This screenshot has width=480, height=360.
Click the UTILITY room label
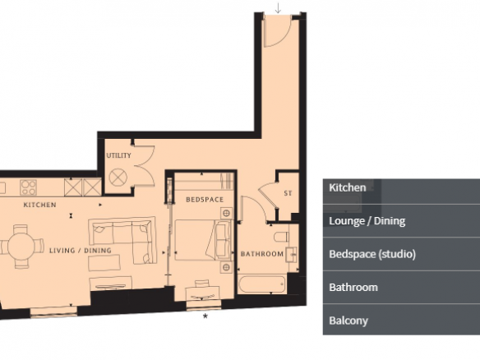[119, 155]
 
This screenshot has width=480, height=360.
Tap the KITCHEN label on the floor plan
[39, 205]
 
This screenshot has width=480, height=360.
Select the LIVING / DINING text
[81, 251]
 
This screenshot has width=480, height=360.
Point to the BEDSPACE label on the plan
[205, 200]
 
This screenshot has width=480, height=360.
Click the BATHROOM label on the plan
[262, 254]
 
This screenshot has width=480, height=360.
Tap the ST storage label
[288, 193]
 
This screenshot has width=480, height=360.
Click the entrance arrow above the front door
[278, 8]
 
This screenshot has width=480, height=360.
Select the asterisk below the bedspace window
[205, 316]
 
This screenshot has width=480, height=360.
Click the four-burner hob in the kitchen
[28, 187]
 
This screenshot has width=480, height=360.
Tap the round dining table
[21, 247]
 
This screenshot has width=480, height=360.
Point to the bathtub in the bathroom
[263, 284]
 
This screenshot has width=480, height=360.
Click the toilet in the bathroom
[282, 237]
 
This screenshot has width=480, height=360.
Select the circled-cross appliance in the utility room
[118, 178]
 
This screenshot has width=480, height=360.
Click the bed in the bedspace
[203, 240]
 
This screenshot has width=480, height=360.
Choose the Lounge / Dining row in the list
[401, 221]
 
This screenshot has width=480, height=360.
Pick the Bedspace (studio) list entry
[401, 254]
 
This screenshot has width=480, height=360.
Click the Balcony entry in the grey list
[401, 320]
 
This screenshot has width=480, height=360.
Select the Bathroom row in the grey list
[401, 287]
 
